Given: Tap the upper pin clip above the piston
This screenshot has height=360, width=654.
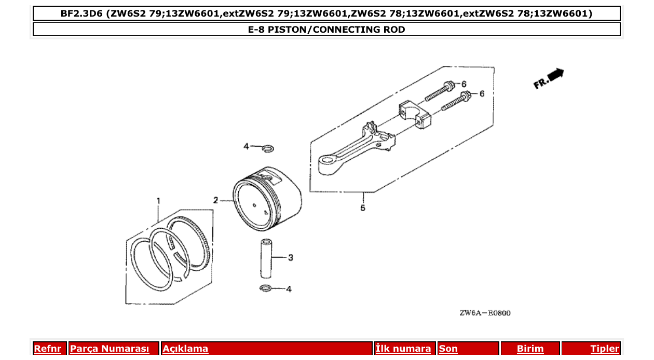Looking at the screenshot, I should pyautogui.click(x=268, y=149).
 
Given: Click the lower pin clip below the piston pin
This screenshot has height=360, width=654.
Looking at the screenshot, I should pyautogui.click(x=265, y=288).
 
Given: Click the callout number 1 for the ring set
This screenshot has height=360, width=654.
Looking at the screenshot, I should pyautogui.click(x=159, y=200).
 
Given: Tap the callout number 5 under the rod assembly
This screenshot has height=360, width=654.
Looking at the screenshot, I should pyautogui.click(x=363, y=208).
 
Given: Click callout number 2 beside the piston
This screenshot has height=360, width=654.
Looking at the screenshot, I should pyautogui.click(x=215, y=200).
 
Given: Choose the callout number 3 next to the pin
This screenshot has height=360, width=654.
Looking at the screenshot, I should pyautogui.click(x=291, y=257).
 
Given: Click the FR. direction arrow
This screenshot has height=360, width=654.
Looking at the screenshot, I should pyautogui.click(x=549, y=78).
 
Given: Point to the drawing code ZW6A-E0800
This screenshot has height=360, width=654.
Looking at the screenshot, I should pyautogui.click(x=484, y=313).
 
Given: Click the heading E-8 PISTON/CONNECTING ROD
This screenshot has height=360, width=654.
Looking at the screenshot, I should pyautogui.click(x=326, y=30).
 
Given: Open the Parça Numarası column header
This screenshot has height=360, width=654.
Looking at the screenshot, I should pyautogui.click(x=110, y=349).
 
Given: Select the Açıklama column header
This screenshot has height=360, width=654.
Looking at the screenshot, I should pyautogui.click(x=185, y=349).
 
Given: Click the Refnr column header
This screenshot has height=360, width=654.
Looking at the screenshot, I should pyautogui.click(x=48, y=349).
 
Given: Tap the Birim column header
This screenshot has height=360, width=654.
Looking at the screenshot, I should pyautogui.click(x=530, y=349).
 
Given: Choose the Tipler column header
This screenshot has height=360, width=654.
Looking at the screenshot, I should pyautogui.click(x=604, y=349).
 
